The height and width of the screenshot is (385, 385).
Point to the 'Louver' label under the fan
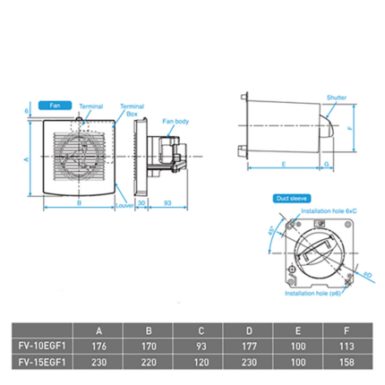point(125,204)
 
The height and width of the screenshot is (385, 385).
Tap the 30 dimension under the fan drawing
point(141,204)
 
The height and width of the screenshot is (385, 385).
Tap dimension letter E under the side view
point(282,165)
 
